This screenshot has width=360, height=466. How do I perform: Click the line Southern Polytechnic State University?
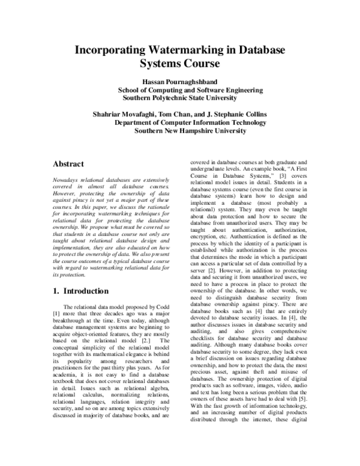[180, 98]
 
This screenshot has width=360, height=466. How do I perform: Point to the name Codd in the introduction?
[163, 307]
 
